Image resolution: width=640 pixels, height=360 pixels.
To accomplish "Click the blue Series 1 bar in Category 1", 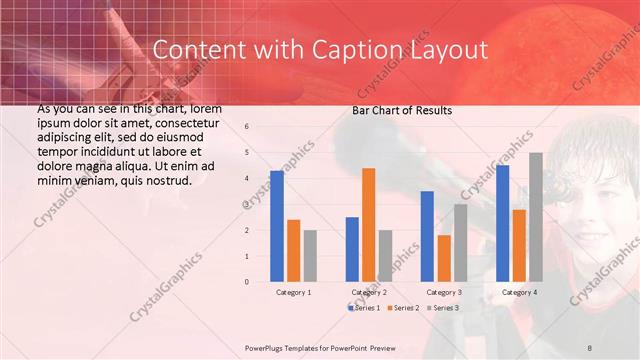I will tap(277, 226).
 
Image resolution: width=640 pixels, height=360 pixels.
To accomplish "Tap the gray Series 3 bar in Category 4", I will tap(536, 217).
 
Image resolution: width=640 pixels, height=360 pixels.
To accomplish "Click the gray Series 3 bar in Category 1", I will tap(310, 256).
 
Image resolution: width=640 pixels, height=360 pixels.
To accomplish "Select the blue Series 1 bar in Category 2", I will tap(352, 249).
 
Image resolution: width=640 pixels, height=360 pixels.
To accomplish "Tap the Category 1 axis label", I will tap(293, 292).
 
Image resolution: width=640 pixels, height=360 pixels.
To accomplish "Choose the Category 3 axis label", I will tap(443, 292).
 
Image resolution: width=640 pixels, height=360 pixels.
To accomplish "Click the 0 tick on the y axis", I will tap(246, 282).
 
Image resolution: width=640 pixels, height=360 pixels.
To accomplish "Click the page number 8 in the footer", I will tap(590, 346).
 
